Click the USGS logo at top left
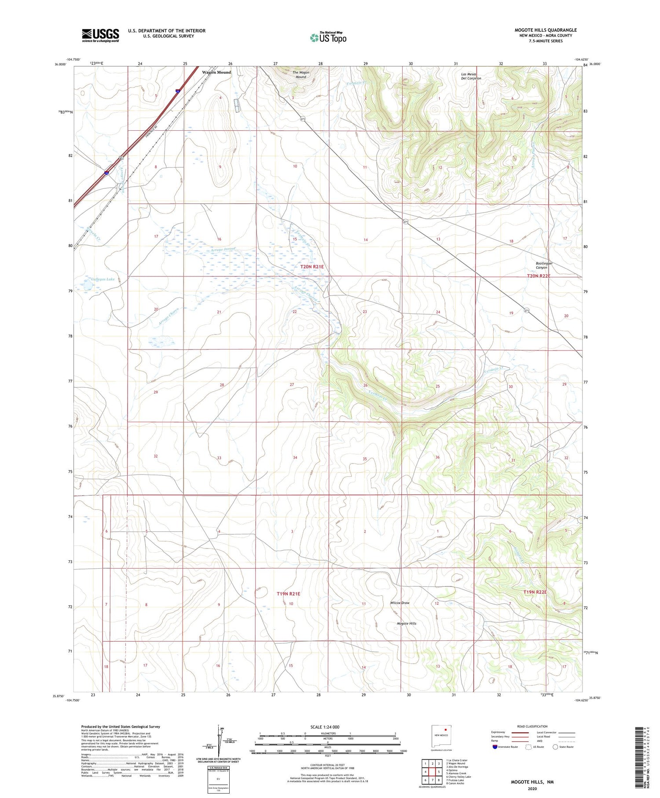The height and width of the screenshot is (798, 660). pos(100,35)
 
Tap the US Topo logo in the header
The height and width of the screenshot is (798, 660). pos(328,38)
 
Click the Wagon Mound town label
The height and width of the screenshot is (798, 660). pos(216,72)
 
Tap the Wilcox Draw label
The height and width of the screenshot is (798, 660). pos(400,603)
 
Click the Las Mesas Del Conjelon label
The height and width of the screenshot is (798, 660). pos(471,76)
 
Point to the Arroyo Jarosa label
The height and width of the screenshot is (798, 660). pos(223,250)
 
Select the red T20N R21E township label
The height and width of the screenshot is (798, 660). pos(312,267)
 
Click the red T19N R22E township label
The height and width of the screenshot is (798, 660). pos(535,592)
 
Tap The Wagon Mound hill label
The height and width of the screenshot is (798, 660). pos(301,74)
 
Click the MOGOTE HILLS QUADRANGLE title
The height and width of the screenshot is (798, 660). pos(546,30)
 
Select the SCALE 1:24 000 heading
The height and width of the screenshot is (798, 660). pos(325,727)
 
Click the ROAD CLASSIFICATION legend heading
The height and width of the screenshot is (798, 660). pos(532,726)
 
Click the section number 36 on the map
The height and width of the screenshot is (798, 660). pos(437,457)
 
